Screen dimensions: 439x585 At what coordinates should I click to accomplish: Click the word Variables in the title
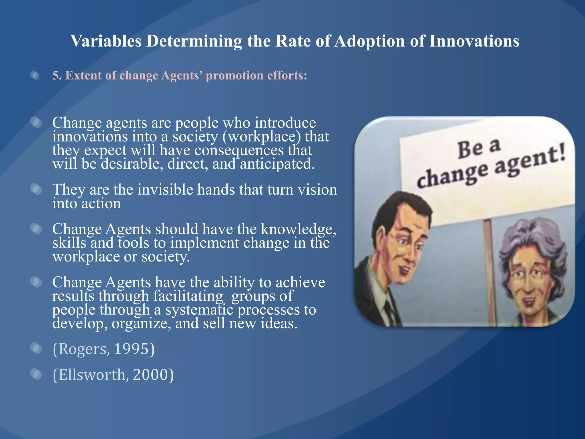click(x=106, y=41)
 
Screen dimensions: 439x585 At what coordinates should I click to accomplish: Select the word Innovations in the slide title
click(x=474, y=41)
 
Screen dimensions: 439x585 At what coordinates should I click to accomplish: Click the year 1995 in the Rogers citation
click(x=131, y=349)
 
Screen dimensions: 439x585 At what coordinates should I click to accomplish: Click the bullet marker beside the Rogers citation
click(x=36, y=348)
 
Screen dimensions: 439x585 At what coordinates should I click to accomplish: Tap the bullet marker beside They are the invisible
click(x=36, y=189)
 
